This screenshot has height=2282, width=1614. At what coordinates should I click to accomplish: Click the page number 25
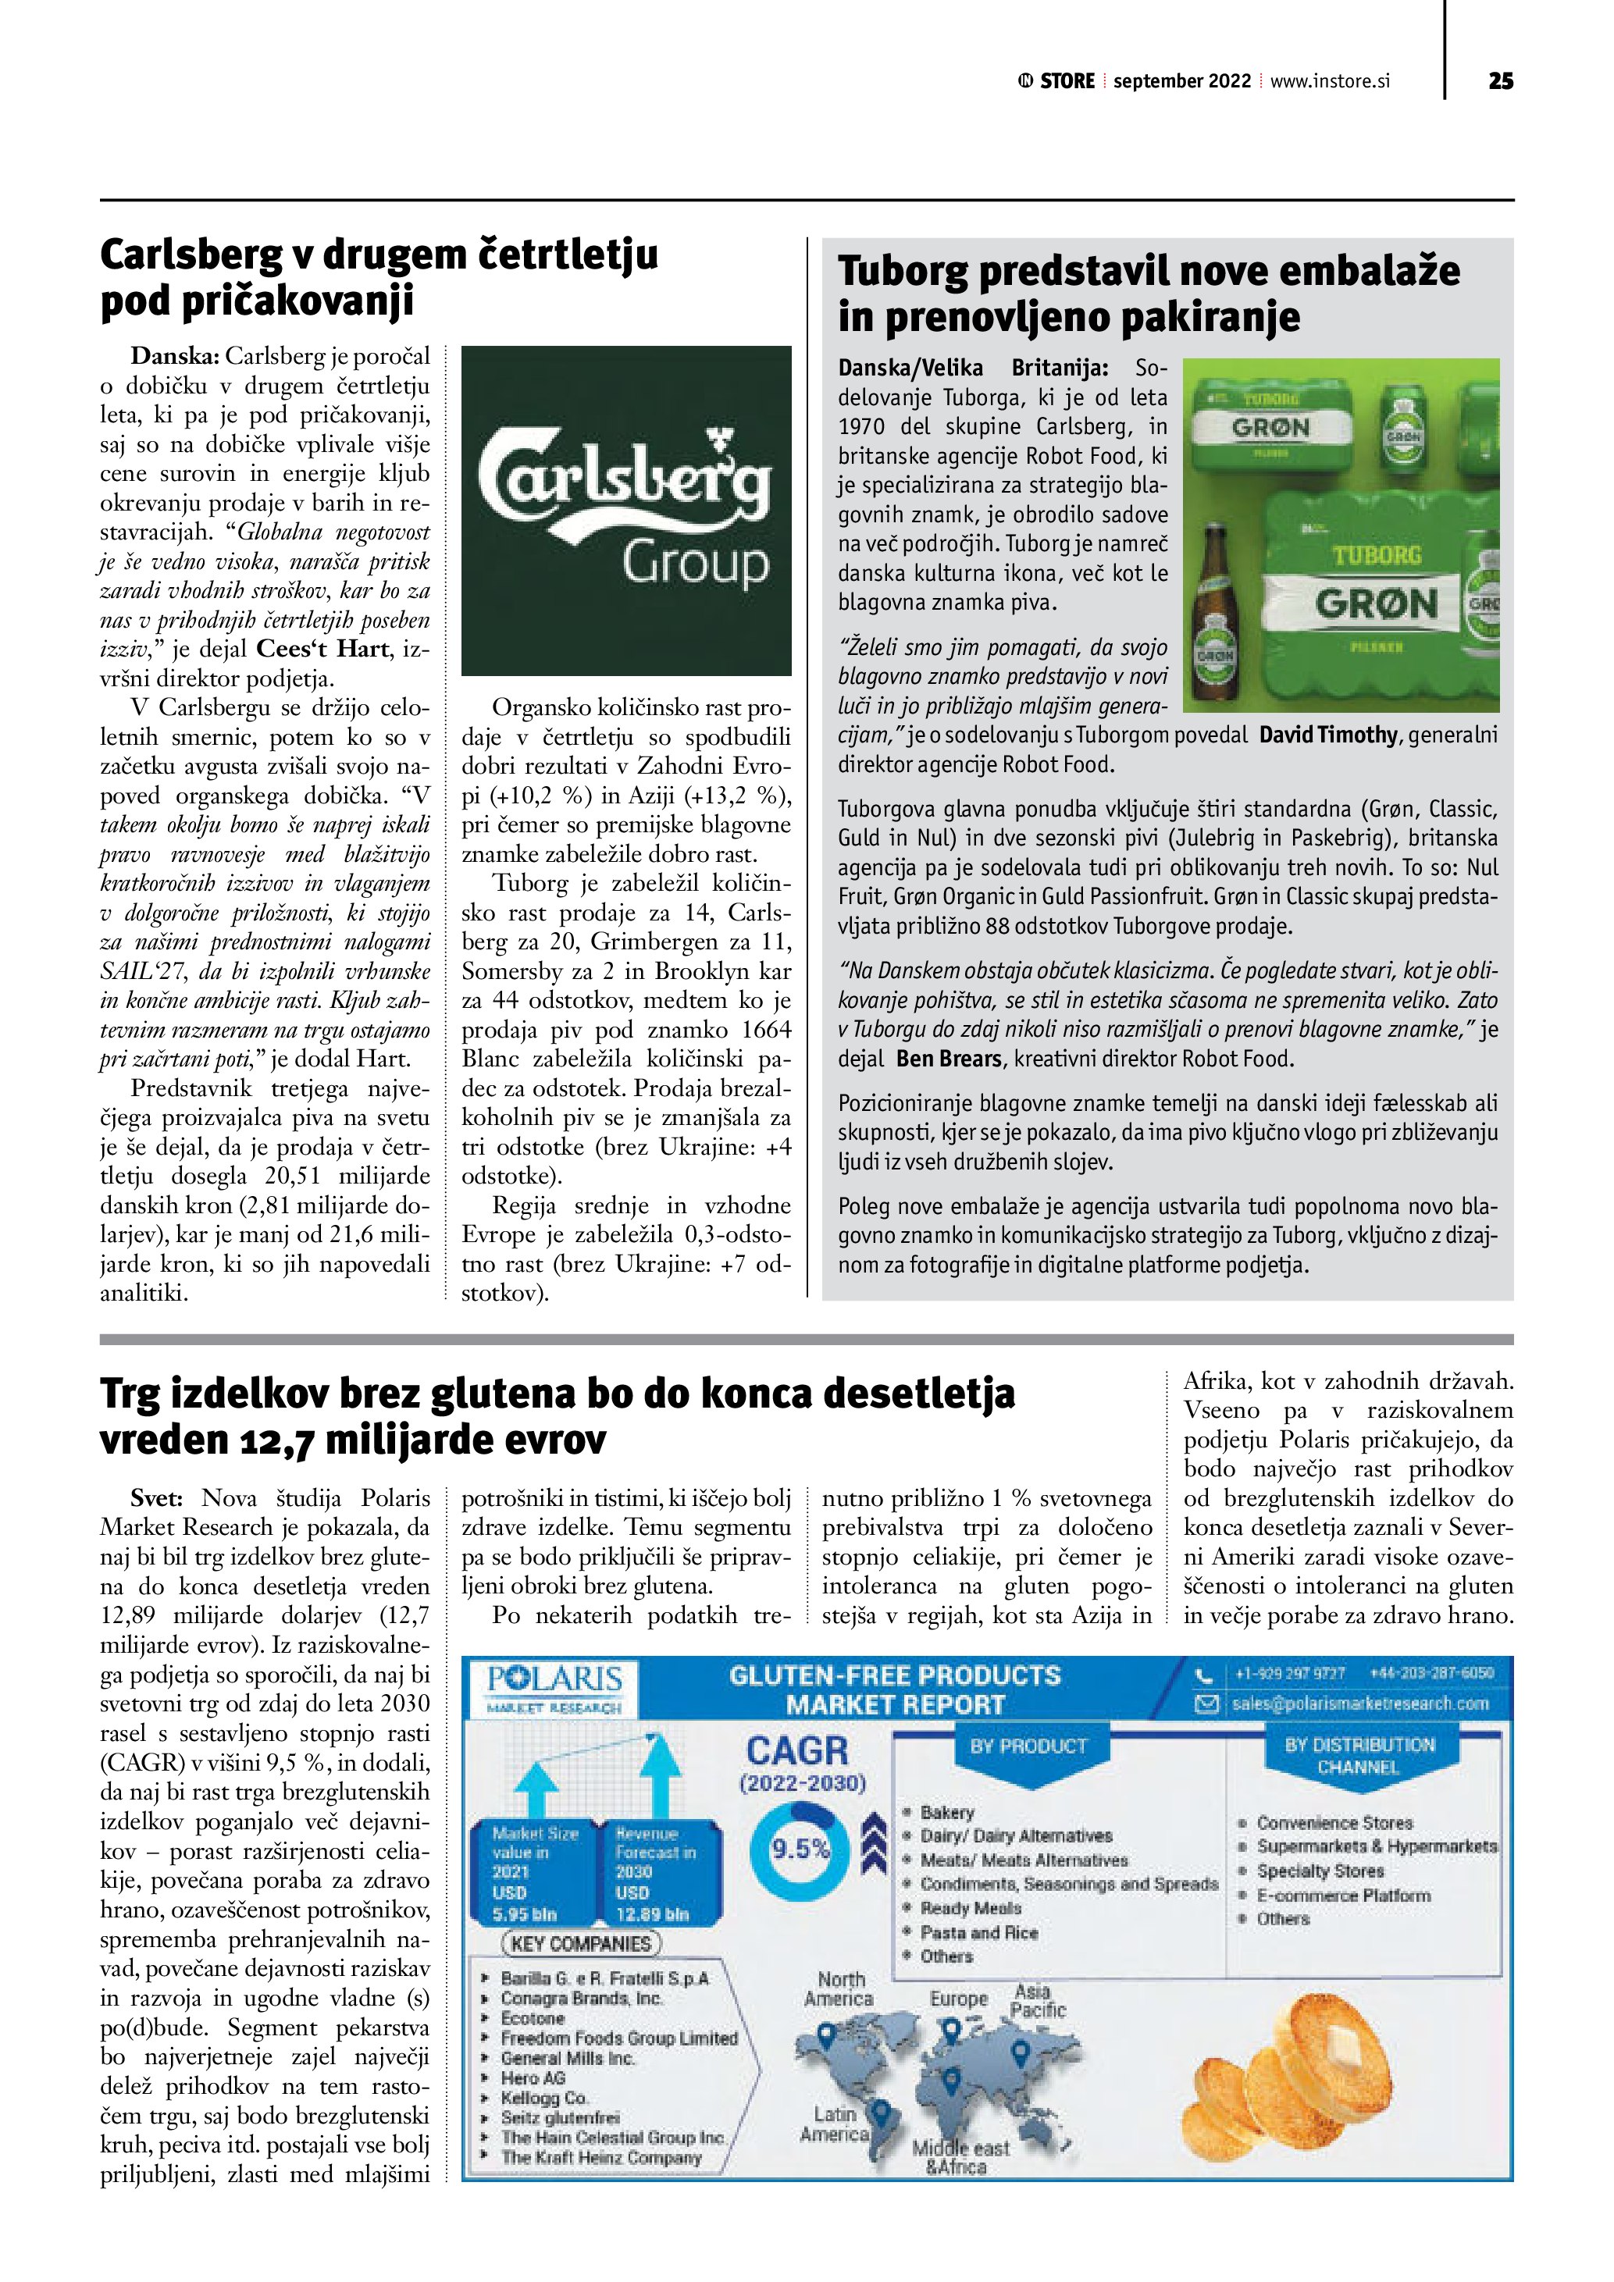pyautogui.click(x=1501, y=81)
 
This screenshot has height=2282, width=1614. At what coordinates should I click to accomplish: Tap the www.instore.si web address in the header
pyautogui.click(x=1330, y=81)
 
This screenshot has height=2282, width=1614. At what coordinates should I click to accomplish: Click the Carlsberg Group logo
pyautogui.click(x=626, y=510)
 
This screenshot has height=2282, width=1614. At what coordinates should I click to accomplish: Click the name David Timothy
pyautogui.click(x=1327, y=735)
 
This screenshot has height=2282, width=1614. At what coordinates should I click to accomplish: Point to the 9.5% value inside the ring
pyautogui.click(x=800, y=1849)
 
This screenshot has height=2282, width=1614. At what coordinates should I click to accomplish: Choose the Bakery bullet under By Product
pyautogui.click(x=947, y=1812)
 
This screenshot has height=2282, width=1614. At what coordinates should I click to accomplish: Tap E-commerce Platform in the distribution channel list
pyautogui.click(x=1343, y=1896)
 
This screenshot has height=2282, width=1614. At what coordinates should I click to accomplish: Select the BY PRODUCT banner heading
pyautogui.click(x=1028, y=1746)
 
